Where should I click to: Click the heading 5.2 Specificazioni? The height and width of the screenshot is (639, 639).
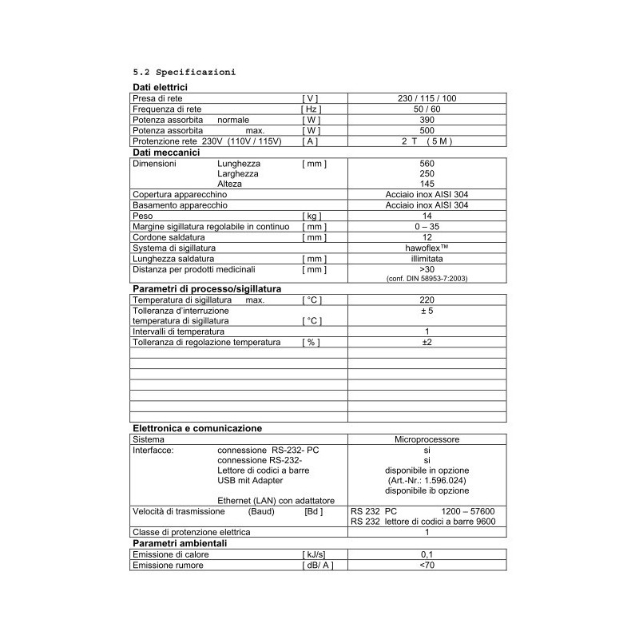point(184,72)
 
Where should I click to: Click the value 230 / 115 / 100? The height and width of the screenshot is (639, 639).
point(427,98)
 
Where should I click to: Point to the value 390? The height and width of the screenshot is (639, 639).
point(427,119)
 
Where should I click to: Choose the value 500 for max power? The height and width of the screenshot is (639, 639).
point(427,130)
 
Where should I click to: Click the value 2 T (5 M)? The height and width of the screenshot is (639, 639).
point(427,141)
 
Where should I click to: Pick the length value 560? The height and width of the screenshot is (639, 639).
point(427,163)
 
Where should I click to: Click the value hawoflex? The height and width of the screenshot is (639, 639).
point(427,248)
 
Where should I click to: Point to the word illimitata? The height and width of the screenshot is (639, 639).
point(427,259)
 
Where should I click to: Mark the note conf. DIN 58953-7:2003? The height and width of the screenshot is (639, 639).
point(427,278)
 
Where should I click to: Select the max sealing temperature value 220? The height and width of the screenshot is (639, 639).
point(427,300)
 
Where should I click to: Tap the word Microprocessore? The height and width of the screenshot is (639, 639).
point(427,439)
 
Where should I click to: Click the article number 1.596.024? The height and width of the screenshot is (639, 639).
point(427,481)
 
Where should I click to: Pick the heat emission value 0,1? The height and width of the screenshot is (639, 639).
point(427,554)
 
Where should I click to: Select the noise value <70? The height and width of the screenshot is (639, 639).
point(427,566)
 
